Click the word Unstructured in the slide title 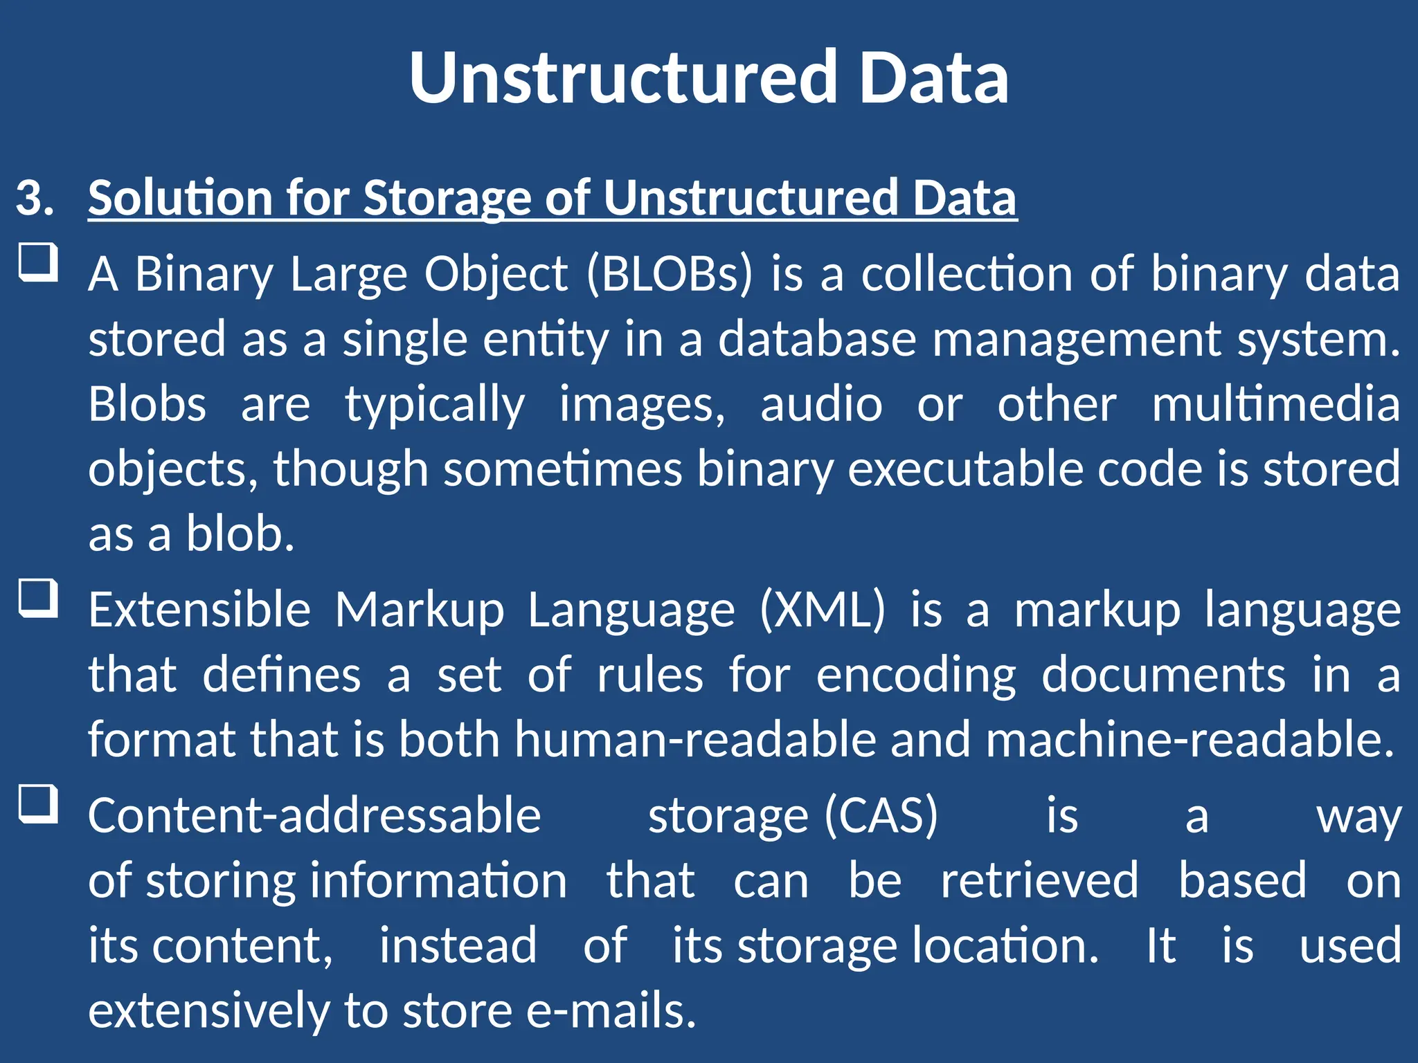(x=623, y=78)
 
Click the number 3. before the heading (x=35, y=198)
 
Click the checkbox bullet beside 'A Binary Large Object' (x=37, y=262)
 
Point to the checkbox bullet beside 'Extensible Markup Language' (x=37, y=598)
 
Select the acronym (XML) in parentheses (x=823, y=610)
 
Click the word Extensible (x=199, y=610)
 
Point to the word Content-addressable (x=314, y=815)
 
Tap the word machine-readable (x=1190, y=740)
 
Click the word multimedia (x=1275, y=404)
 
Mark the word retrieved (x=1039, y=881)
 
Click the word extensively (x=208, y=1011)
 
